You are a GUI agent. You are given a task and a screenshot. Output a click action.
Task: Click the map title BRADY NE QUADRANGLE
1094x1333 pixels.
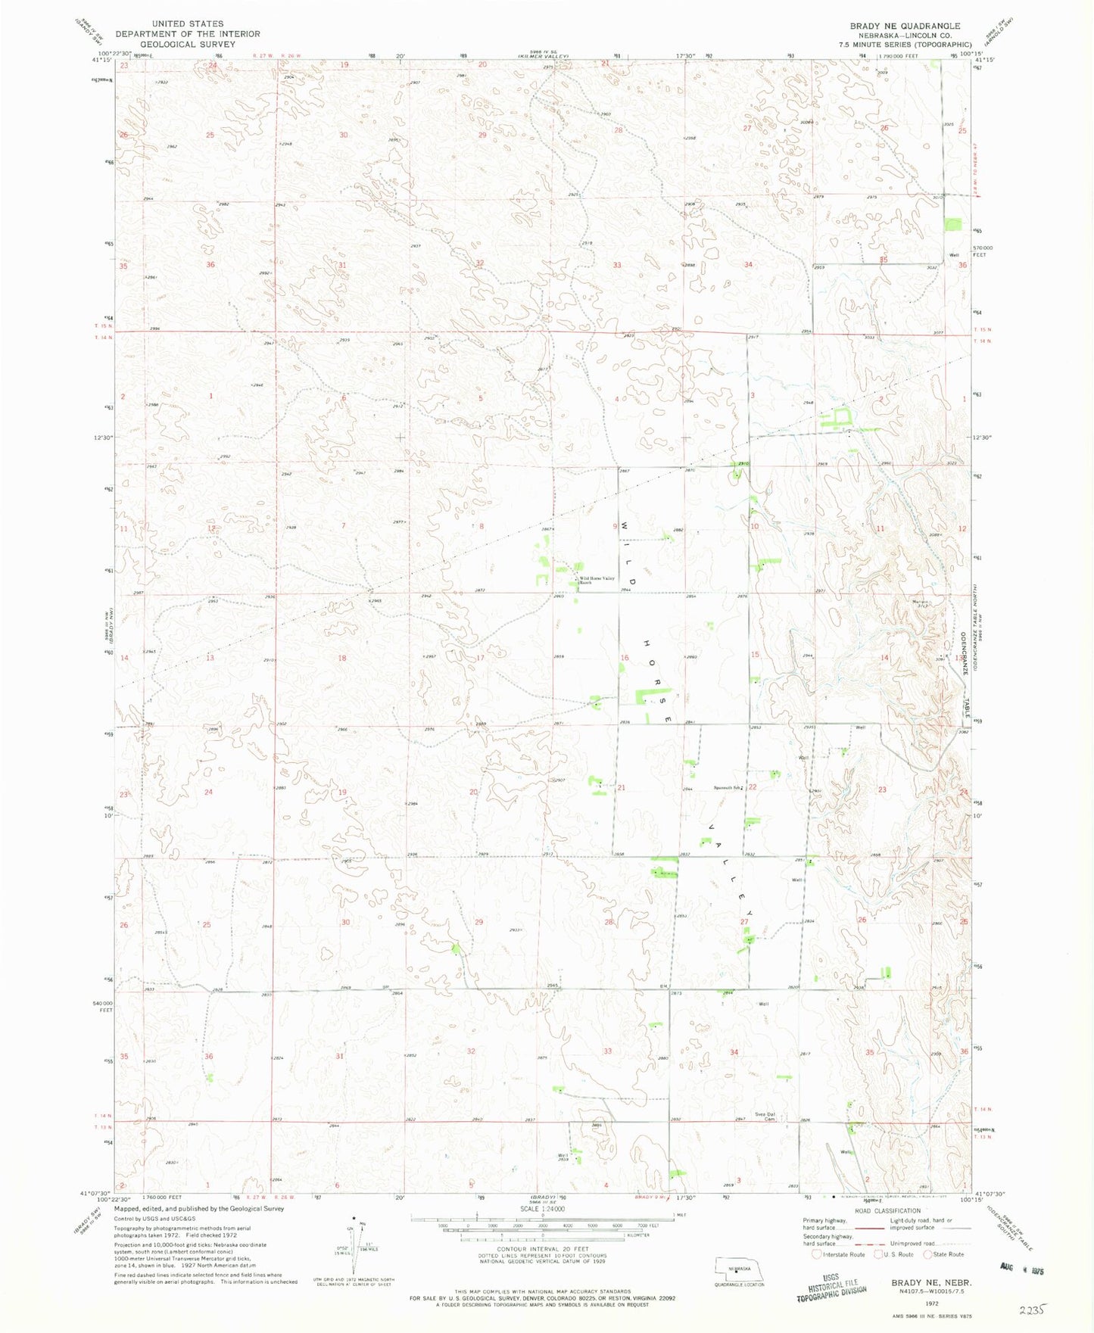(905, 26)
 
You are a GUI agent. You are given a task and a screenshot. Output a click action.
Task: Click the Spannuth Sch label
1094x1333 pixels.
(727, 788)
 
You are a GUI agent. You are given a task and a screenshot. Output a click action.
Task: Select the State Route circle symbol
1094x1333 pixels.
(928, 1254)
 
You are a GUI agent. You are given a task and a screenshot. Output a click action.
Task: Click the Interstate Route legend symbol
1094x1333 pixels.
(816, 1254)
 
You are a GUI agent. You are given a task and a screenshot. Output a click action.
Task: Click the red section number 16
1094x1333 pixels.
(625, 658)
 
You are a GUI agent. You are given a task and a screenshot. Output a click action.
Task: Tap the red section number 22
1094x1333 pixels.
(753, 787)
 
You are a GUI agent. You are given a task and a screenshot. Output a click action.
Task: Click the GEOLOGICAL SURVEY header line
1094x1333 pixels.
(187, 44)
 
